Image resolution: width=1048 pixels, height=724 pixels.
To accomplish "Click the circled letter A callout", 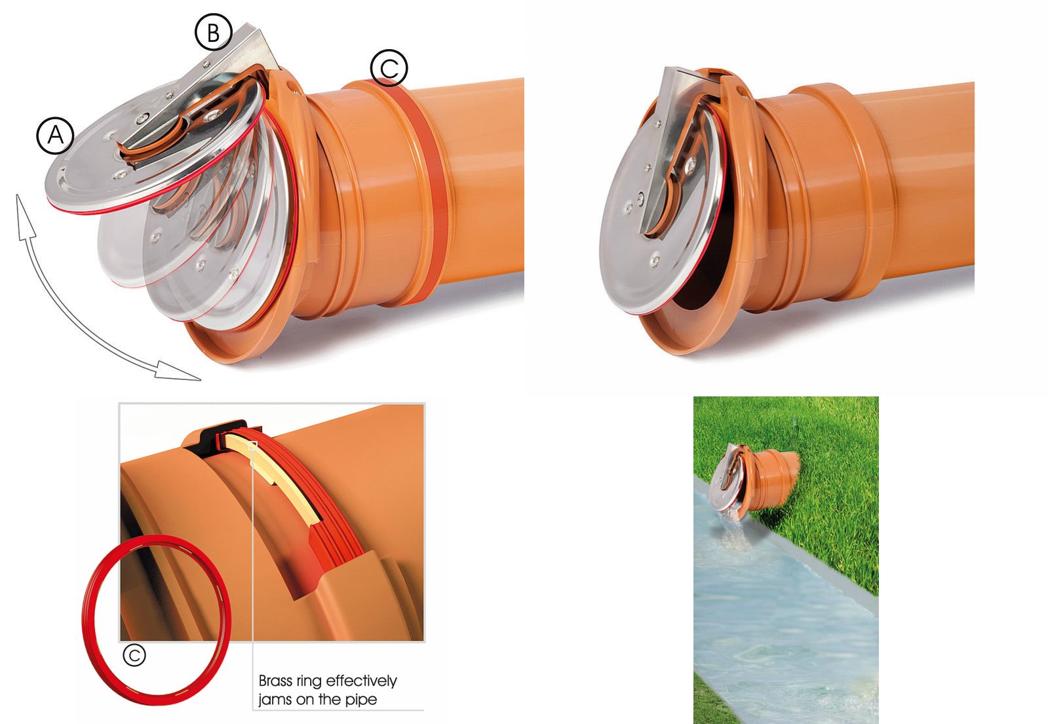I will point(56,135).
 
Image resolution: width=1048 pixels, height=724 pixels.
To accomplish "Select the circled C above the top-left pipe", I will point(389,68).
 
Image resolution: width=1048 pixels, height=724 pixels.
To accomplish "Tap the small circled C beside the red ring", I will point(134,655).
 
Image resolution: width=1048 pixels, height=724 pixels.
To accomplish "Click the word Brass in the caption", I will point(276,681).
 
